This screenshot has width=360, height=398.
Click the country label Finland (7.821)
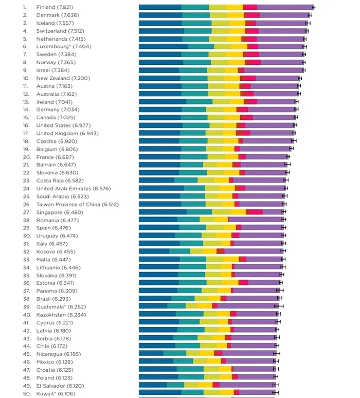click(x=54, y=7)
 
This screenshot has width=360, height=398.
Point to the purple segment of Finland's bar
click(x=285, y=7)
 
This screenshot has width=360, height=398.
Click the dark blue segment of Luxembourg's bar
click(x=163, y=46)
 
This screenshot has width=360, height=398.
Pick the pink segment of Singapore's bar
click(x=255, y=212)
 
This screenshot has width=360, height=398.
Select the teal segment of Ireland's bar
click(x=199, y=102)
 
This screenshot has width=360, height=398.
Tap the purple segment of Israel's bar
click(x=274, y=70)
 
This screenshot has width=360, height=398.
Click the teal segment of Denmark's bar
click(x=196, y=15)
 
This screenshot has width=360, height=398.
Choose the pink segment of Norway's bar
click(x=253, y=62)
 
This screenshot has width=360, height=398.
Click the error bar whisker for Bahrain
click(x=287, y=165)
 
